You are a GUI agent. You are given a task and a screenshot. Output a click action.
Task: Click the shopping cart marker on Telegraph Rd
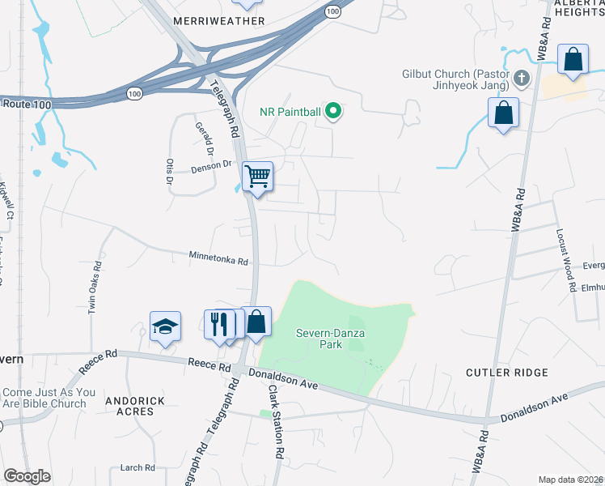(x=257, y=176)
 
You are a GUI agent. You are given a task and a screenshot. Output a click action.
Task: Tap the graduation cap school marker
(x=165, y=326)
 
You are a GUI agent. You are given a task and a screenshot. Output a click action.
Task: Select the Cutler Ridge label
(x=507, y=373)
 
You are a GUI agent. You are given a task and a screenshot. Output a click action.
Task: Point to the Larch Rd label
(x=137, y=467)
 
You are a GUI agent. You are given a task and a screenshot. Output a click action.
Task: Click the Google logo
(x=27, y=476)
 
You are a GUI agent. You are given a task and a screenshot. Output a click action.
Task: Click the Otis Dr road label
(x=170, y=171)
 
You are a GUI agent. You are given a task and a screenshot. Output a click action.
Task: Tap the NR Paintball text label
(x=290, y=113)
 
